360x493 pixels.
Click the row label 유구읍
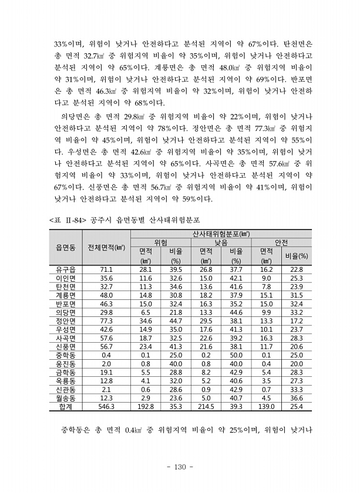(65, 269)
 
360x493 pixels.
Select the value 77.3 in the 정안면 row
(106, 321)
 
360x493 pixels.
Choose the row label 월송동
(65, 397)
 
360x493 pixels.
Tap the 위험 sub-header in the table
(160, 242)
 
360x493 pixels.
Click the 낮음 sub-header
(221, 242)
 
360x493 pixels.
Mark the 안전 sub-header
(281, 242)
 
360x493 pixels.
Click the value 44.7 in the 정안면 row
(176, 321)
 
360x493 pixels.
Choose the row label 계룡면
(65, 295)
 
